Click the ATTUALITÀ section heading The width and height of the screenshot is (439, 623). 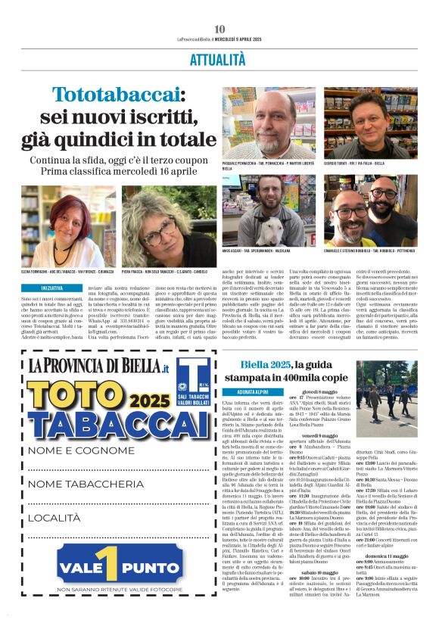pyautogui.click(x=219, y=58)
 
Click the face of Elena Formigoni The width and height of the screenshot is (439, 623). pyautogui.click(x=67, y=226)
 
